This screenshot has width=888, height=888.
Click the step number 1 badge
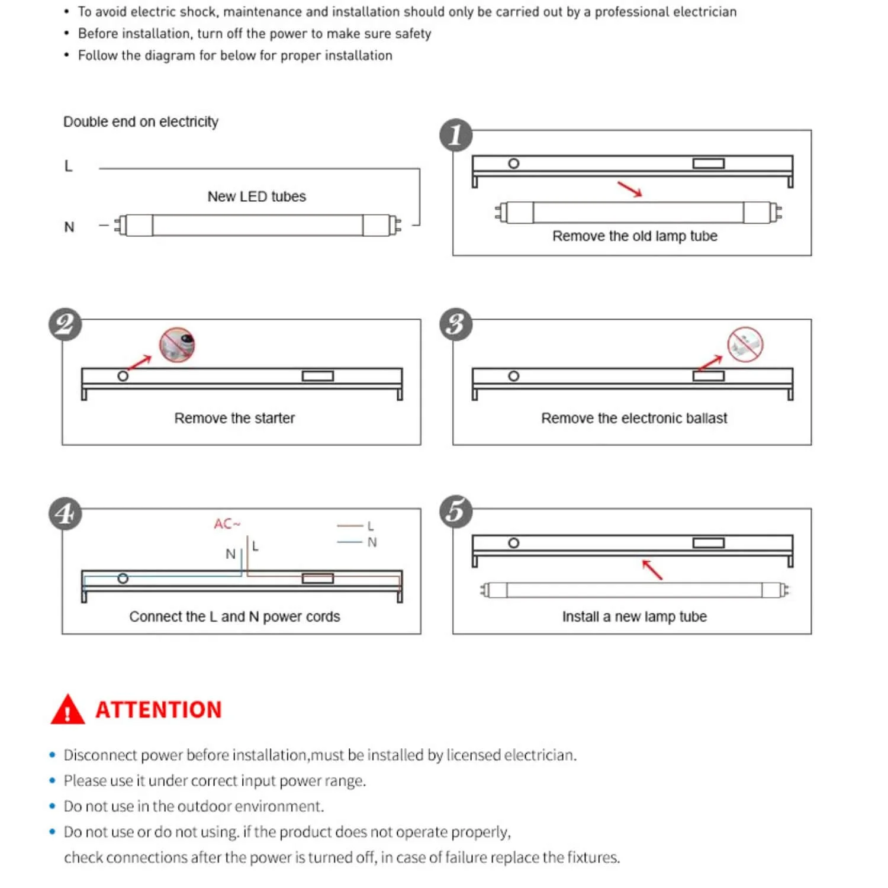456,135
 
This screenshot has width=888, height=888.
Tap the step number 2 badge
65,324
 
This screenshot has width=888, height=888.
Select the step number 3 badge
456,324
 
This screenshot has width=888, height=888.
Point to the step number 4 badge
65,513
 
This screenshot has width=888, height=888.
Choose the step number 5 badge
456,511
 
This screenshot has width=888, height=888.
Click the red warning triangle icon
67,710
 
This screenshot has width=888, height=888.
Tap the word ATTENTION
159,710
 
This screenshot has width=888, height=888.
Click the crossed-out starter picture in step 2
177,345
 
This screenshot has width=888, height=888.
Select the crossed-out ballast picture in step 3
745,345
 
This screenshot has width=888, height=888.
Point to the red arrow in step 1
630,189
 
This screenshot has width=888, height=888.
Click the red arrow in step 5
652,570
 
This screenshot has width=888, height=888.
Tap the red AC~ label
227,524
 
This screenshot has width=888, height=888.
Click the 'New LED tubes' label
256,197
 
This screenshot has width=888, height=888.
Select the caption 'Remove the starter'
234,419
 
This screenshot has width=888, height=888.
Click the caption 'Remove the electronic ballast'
634,419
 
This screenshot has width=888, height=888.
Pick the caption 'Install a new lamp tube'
634,617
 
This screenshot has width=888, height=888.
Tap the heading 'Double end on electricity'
141,122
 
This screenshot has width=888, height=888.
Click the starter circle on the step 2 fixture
123,376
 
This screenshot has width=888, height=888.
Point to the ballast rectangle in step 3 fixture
709,376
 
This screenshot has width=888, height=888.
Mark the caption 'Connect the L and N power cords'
234,617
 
